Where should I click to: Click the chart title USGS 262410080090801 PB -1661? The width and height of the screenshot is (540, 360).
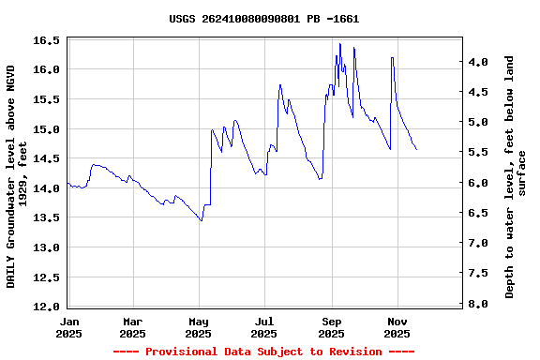click(x=264, y=19)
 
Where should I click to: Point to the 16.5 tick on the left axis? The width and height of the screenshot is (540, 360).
click(x=50, y=40)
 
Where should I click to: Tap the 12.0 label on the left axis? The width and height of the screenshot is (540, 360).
click(x=50, y=307)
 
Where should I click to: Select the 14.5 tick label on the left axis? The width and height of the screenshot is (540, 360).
click(x=50, y=158)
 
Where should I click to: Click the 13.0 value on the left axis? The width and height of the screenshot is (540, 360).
click(x=50, y=247)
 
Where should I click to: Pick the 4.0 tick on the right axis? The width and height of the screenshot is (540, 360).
click(x=478, y=62)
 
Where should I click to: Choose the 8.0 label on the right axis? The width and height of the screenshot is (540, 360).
click(x=478, y=304)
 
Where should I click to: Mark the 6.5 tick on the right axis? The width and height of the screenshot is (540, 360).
click(x=478, y=213)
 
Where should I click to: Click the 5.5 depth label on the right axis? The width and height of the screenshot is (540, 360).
click(x=478, y=152)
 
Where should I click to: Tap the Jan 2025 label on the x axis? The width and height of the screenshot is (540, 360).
click(x=68, y=327)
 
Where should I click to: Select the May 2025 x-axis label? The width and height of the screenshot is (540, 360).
click(x=199, y=327)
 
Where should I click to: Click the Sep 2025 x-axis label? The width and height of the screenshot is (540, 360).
click(x=331, y=327)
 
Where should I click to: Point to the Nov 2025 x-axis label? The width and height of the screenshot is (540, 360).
click(x=397, y=327)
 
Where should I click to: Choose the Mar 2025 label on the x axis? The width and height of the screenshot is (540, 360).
click(x=132, y=327)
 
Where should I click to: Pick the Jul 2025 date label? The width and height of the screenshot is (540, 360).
click(x=264, y=327)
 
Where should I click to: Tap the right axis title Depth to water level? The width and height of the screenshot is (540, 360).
click(x=516, y=176)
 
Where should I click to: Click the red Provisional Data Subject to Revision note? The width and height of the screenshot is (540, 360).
click(x=264, y=352)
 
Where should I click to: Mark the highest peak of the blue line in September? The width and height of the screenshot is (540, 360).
click(x=340, y=43)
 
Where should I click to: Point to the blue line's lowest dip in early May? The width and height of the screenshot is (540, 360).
click(x=202, y=220)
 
